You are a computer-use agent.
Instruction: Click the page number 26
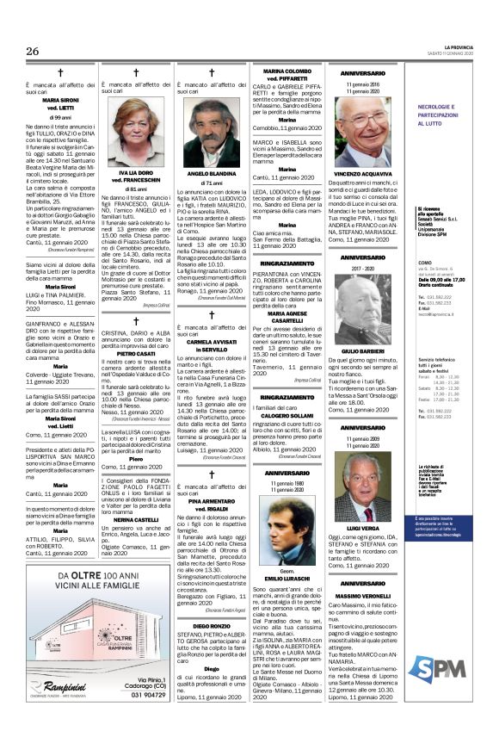click(x=32, y=51)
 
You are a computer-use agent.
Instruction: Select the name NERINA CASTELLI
click(x=134, y=520)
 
